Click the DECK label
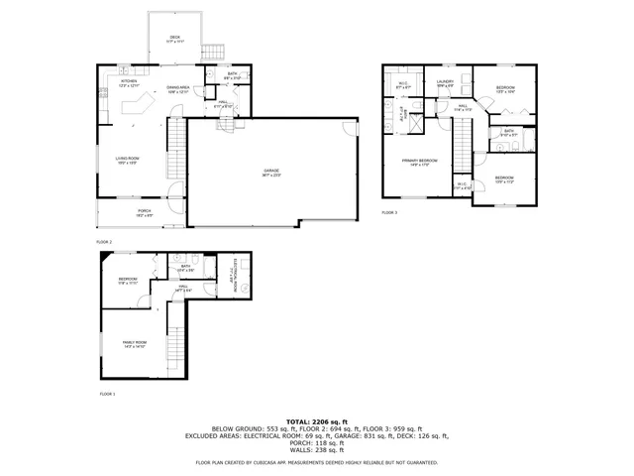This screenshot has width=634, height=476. [174, 37]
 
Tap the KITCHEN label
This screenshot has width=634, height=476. [129, 81]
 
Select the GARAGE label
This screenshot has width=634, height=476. [271, 172]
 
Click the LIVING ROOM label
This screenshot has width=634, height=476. [125, 158]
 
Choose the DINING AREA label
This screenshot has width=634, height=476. [178, 87]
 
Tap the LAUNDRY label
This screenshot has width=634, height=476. [445, 82]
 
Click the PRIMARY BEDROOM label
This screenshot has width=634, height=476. [420, 160]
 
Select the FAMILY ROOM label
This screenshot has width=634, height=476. [135, 342]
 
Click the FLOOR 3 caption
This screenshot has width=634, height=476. [389, 213]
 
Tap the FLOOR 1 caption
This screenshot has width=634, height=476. [107, 395]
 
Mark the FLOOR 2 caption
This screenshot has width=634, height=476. [104, 242]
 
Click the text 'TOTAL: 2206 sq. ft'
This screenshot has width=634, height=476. [317, 421]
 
